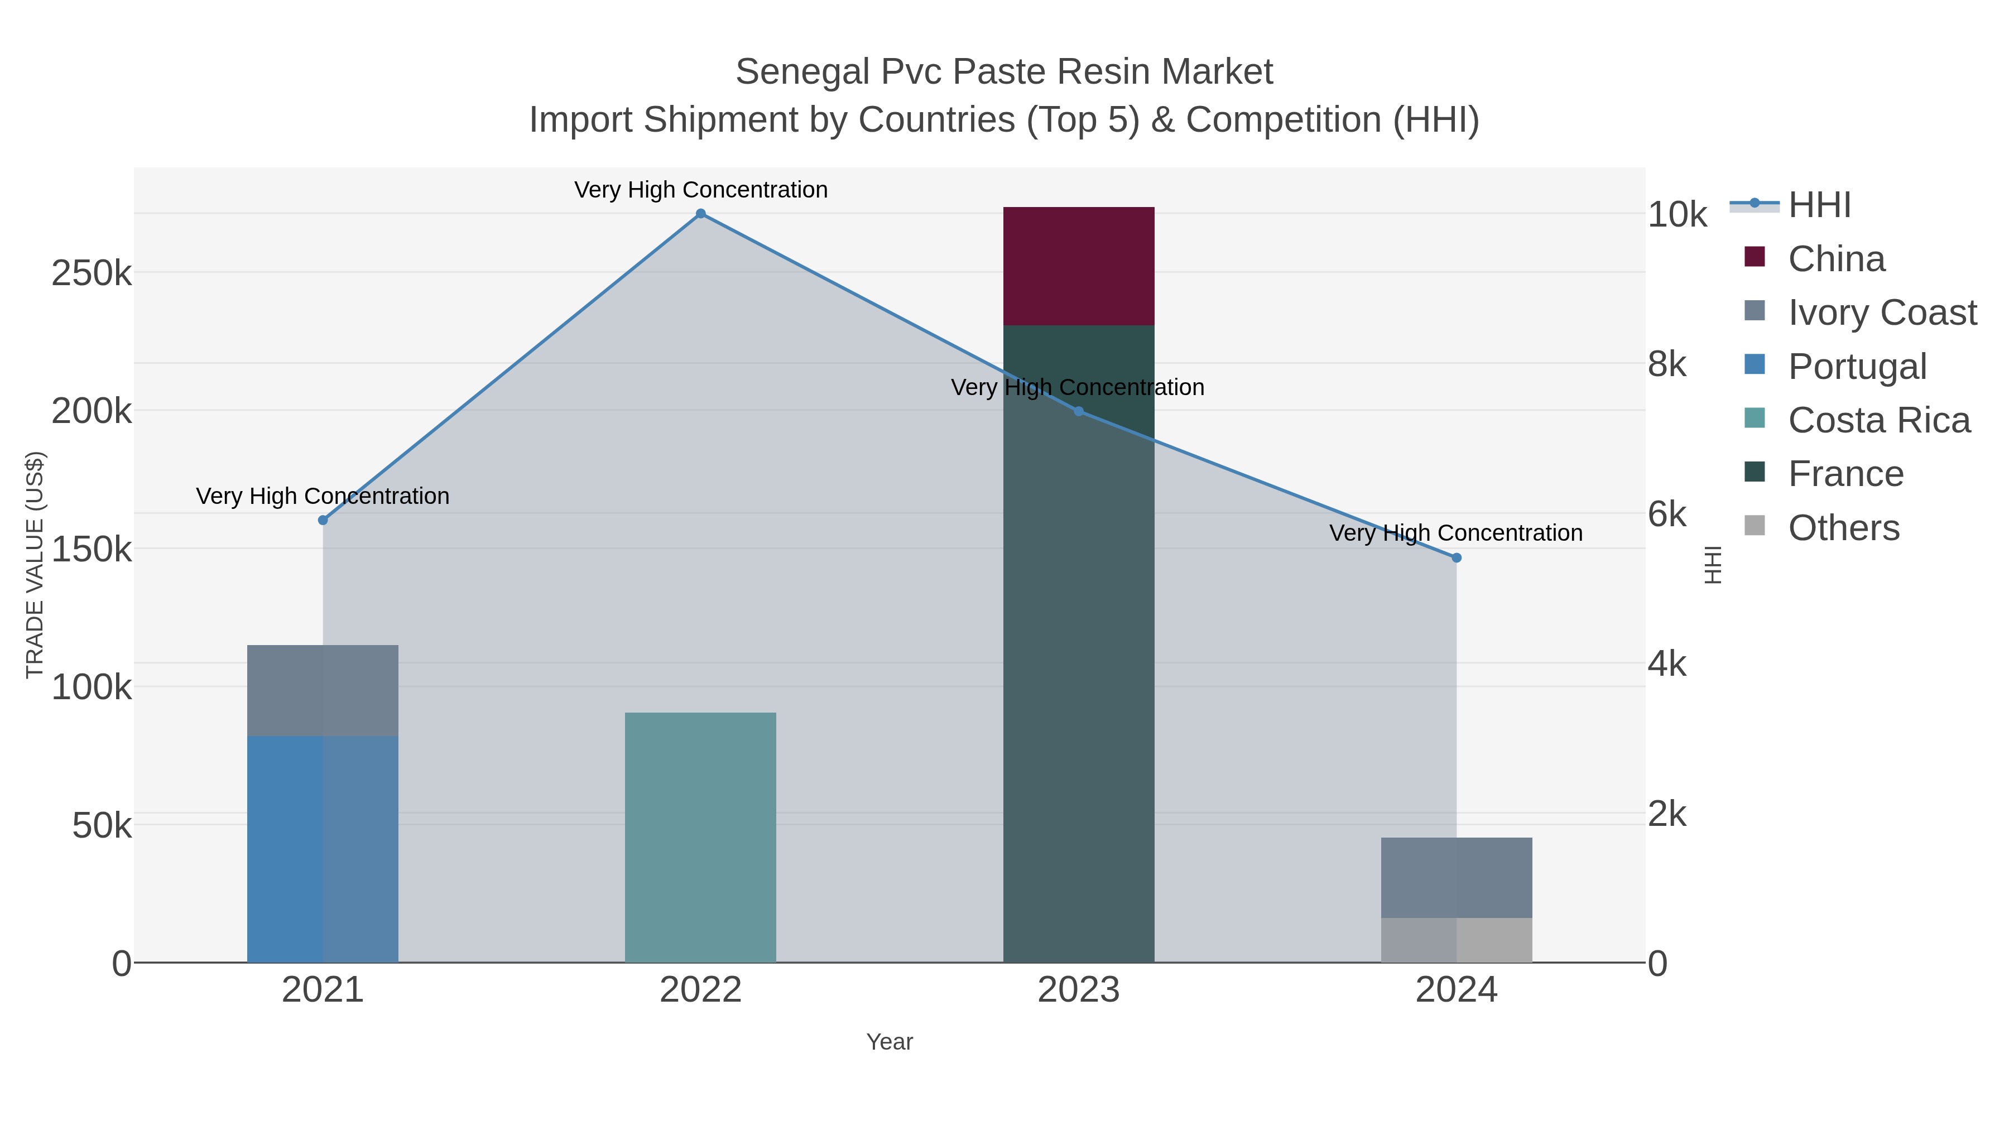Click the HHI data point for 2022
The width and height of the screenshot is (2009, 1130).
[700, 214]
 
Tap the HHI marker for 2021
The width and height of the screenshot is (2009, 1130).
[323, 520]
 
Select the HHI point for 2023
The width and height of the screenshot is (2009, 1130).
[1079, 411]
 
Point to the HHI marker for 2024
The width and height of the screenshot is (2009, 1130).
[1456, 557]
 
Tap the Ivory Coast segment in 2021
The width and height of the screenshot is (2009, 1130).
[323, 690]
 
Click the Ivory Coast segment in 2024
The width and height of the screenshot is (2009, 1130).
[1456, 877]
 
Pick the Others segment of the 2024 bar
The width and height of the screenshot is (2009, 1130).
[1456, 940]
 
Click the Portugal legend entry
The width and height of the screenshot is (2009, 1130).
[1856, 367]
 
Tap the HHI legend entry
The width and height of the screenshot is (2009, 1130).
[1819, 205]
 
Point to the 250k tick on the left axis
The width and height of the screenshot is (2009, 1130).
[92, 274]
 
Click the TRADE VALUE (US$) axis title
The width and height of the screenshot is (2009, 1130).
[35, 565]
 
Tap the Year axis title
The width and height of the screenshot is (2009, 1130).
[889, 1042]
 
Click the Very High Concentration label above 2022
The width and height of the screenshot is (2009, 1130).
[700, 190]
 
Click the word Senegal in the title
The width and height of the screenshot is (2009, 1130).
[802, 72]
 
